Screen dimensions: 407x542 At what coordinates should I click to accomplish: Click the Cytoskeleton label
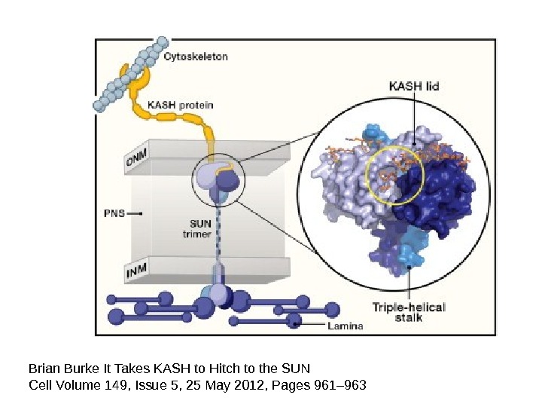point(196,57)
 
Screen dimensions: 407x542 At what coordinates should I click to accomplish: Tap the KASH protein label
point(180,105)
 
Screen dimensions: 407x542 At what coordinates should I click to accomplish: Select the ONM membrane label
point(137,160)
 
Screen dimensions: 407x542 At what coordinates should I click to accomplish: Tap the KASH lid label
point(413,87)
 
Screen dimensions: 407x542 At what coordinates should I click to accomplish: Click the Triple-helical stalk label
point(409,312)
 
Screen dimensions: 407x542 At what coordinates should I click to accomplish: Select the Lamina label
point(345,326)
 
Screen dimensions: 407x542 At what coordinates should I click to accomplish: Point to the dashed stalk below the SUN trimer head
point(219,234)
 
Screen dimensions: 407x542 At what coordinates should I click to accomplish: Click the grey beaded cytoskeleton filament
point(128,75)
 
